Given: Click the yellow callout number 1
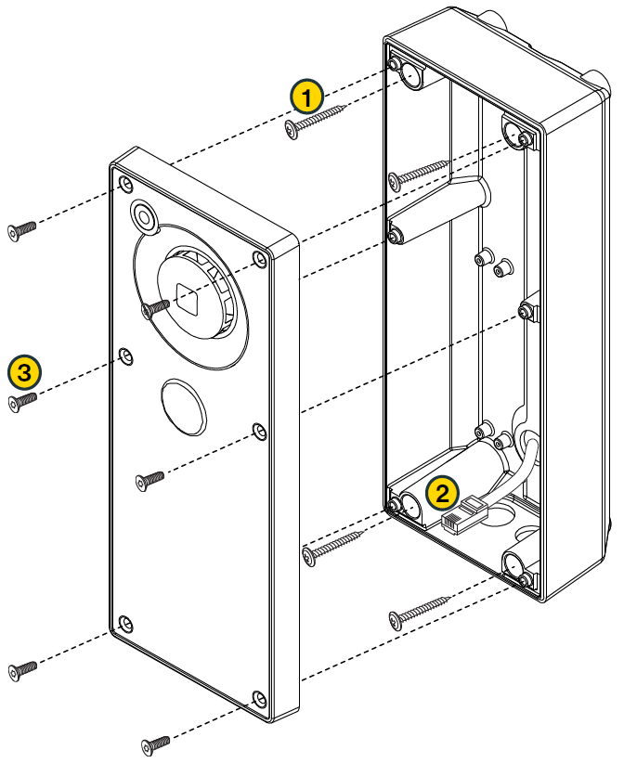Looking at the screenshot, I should pos(306,96).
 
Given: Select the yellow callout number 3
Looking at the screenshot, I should pos(23,372).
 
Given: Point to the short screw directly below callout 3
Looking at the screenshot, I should pos(21,401).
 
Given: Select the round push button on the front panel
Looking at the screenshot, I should pos(183,405).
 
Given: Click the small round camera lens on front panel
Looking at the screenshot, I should pos(144,217).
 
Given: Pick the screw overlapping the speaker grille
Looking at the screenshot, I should pos(153,308).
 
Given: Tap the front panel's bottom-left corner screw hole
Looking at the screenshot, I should pos(126,623).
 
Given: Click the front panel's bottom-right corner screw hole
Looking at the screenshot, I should pos(259,697).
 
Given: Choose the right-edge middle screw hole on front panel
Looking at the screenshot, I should pos(259,430).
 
